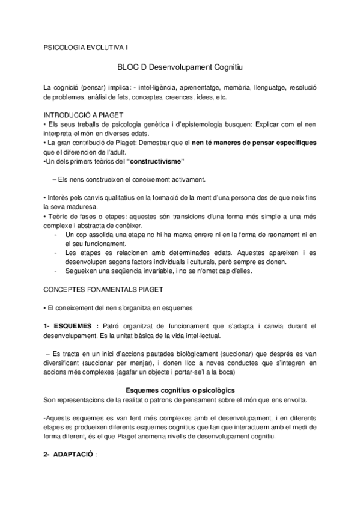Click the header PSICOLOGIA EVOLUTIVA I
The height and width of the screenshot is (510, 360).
[85, 46]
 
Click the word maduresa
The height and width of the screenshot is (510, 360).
[79, 207]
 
